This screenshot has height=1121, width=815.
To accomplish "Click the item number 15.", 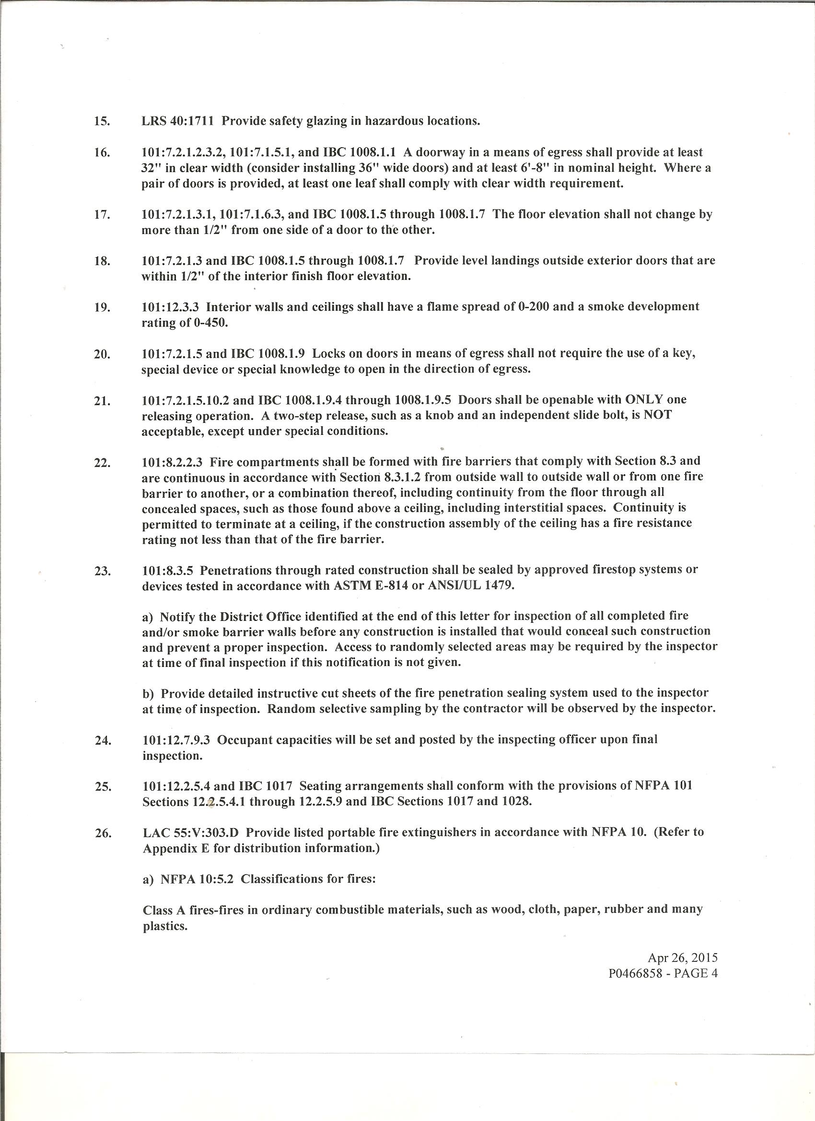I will pyautogui.click(x=102, y=122).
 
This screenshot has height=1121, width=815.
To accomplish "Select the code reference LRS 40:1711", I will pyautogui.click(x=178, y=121).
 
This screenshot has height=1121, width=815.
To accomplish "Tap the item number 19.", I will pyautogui.click(x=102, y=307).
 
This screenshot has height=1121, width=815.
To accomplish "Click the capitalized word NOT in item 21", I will pyautogui.click(x=657, y=415).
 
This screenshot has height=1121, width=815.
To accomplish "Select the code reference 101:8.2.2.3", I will pyautogui.click(x=172, y=462).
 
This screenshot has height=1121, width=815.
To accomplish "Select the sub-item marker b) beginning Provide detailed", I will pyautogui.click(x=148, y=694).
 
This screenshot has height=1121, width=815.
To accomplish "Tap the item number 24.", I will pyautogui.click(x=102, y=740).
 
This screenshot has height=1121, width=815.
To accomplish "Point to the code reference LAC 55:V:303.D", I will pyautogui.click(x=191, y=832).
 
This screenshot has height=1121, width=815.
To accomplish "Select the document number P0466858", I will pyautogui.click(x=635, y=974).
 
